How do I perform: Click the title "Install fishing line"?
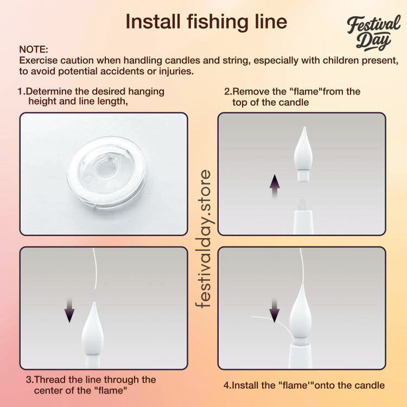tap(206, 22)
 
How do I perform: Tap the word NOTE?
tap(34, 49)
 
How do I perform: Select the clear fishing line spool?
tap(106, 173)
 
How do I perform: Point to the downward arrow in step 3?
tap(70, 310)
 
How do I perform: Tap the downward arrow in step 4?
tap(274, 310)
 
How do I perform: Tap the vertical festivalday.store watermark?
tap(205, 239)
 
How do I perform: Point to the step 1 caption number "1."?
tap(21, 92)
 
